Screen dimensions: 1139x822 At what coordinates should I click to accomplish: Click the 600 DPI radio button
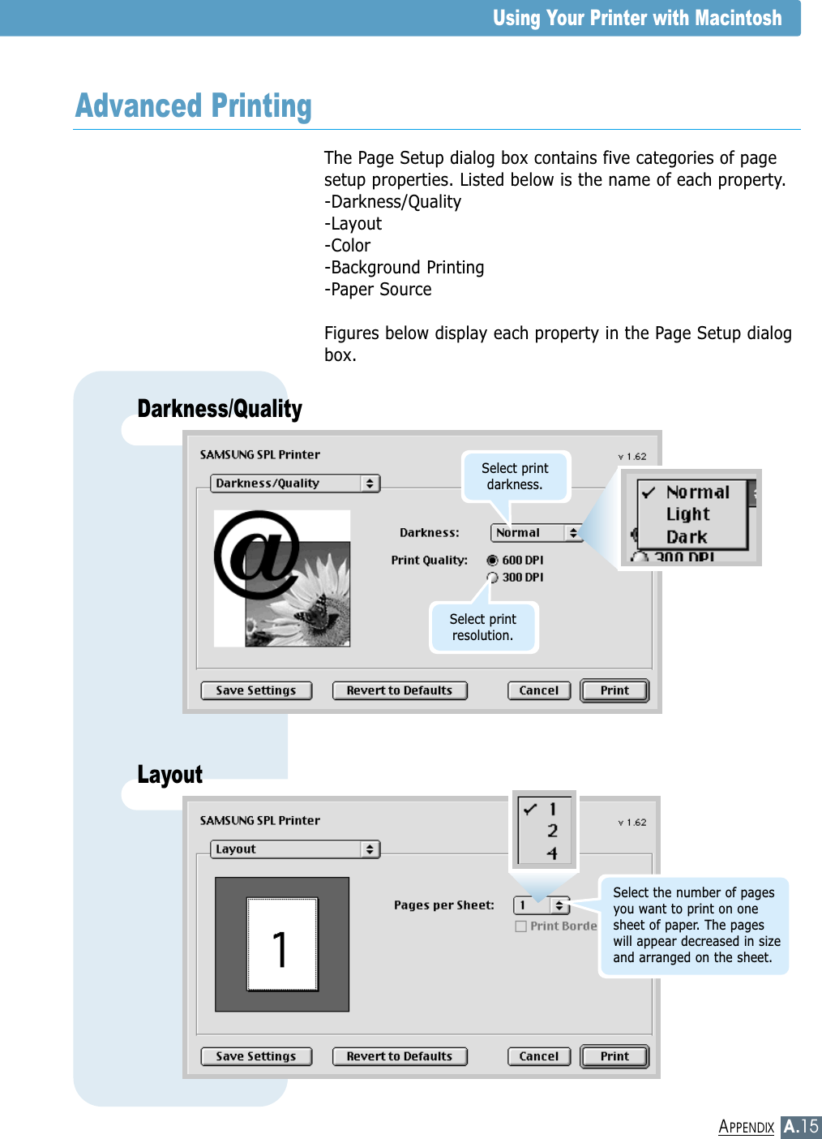[x=493, y=561]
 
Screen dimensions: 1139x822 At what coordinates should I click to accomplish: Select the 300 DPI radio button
[x=493, y=578]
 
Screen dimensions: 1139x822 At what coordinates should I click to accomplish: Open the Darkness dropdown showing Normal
[x=537, y=533]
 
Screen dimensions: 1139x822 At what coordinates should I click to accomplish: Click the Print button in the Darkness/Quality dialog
[x=614, y=690]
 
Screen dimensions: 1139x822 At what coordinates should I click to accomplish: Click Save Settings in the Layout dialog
[x=256, y=1056]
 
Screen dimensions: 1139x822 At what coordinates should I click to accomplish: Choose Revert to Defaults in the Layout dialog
[x=400, y=1056]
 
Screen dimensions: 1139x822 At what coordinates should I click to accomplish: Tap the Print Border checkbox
[x=521, y=926]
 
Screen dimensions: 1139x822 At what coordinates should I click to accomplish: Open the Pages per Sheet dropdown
[x=542, y=905]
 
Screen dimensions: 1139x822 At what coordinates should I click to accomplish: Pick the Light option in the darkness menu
[x=687, y=514]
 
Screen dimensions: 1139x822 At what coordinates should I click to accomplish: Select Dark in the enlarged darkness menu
[x=687, y=537]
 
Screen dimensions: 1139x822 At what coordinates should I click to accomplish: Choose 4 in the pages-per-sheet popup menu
[x=552, y=853]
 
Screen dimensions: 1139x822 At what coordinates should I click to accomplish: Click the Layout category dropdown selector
[x=295, y=849]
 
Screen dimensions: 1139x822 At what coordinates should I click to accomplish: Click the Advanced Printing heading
[x=194, y=106]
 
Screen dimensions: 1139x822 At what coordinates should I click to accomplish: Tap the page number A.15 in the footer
[x=800, y=1126]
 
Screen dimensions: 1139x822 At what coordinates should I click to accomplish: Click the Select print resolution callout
[x=483, y=627]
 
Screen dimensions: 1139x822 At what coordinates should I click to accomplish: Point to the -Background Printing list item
[x=404, y=268]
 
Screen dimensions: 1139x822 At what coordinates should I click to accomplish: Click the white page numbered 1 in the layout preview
[x=281, y=944]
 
